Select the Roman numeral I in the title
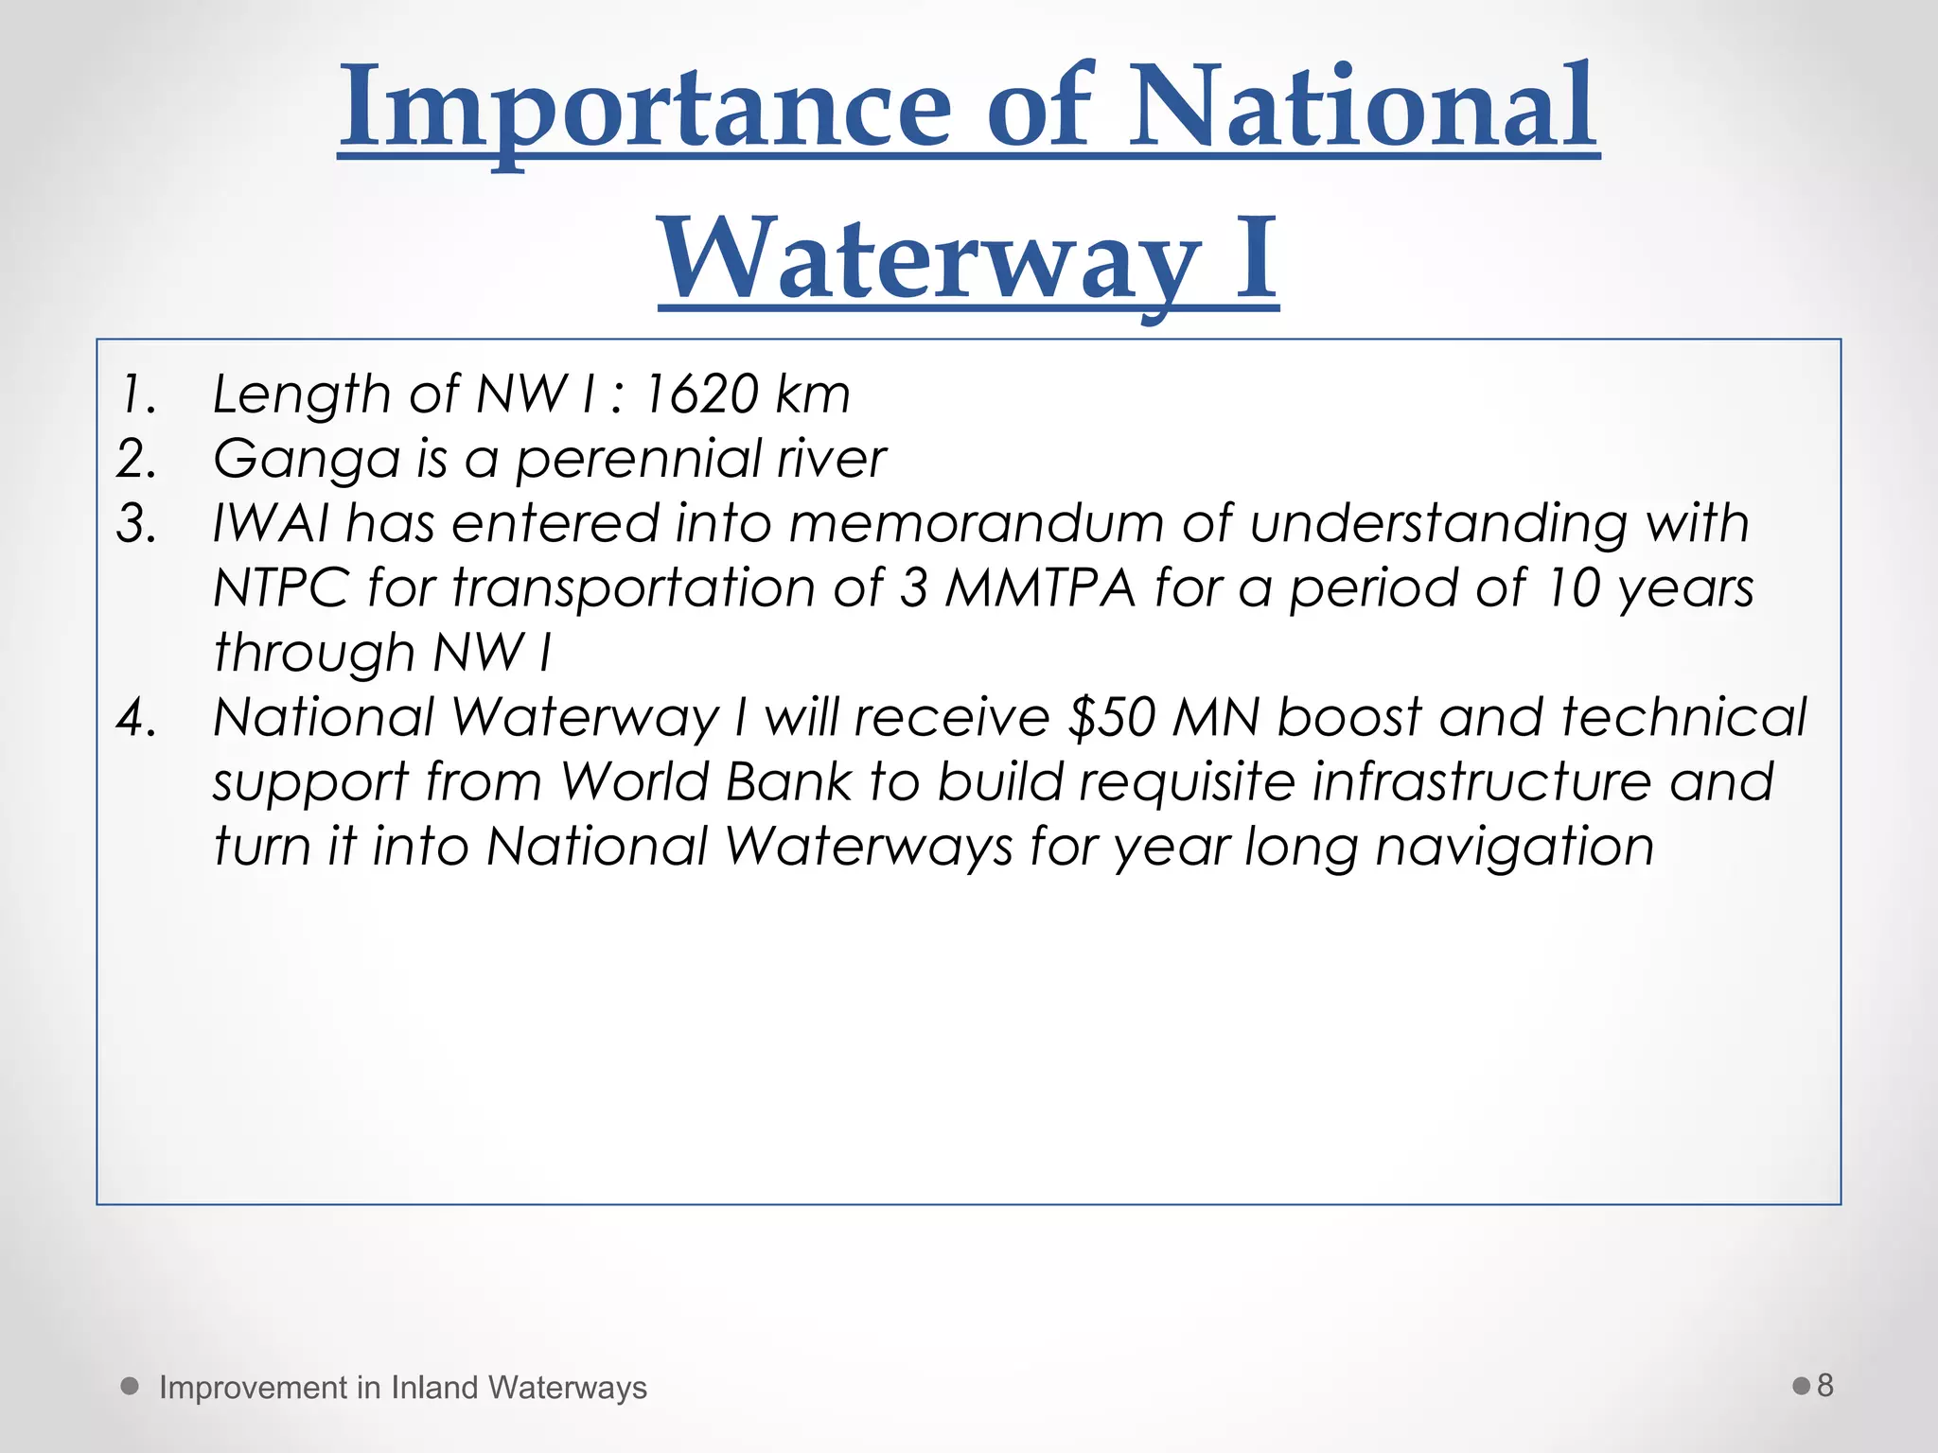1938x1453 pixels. click(1256, 258)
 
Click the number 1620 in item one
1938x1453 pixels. click(699, 394)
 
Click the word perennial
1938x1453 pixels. click(638, 460)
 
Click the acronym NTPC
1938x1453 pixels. click(281, 587)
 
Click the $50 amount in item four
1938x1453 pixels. click(1111, 717)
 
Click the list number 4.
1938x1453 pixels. click(136, 717)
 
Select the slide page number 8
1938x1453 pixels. click(1825, 1385)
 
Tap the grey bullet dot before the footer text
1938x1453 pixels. click(131, 1386)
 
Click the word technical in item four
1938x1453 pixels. click(1683, 717)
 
